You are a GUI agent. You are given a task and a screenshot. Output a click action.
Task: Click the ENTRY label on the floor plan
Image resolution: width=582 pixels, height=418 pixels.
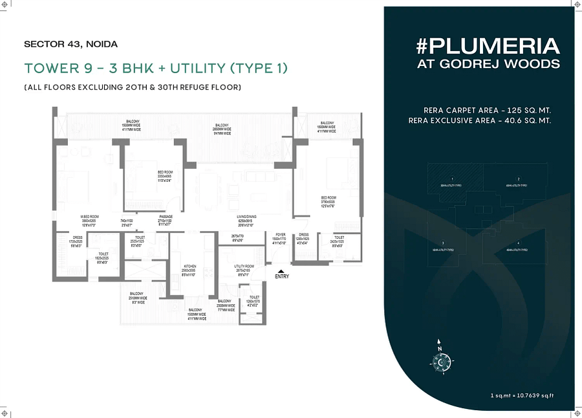[x=282, y=276]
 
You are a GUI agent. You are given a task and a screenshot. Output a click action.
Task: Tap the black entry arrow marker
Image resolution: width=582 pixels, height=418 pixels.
[x=280, y=270]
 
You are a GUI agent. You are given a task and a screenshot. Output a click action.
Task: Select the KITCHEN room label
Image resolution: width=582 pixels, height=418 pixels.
[x=189, y=267]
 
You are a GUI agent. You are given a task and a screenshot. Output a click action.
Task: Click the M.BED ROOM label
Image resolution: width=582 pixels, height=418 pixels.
[x=89, y=217]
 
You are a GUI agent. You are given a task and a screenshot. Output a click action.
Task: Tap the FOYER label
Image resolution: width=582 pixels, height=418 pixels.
[x=280, y=235]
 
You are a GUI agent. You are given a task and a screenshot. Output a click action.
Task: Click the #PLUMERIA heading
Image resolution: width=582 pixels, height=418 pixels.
[x=488, y=47]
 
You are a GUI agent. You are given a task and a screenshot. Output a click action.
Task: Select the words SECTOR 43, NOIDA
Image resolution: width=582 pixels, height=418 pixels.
[x=70, y=45]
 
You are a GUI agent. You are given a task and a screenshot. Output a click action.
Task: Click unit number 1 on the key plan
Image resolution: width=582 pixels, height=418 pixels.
[x=453, y=178]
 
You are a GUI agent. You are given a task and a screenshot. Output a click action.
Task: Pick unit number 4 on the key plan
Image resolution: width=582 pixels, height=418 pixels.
[x=519, y=242]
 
